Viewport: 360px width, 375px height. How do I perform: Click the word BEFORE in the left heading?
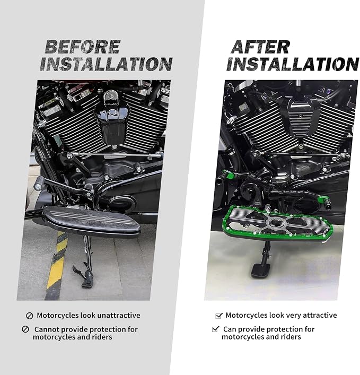(83, 47)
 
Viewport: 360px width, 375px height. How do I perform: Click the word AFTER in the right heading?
(260, 47)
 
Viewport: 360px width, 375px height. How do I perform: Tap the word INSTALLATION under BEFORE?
(106, 64)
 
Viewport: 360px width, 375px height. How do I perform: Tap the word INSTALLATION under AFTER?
(292, 64)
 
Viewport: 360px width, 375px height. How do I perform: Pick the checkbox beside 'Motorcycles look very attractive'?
(219, 316)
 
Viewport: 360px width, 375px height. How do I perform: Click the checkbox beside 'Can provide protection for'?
(216, 329)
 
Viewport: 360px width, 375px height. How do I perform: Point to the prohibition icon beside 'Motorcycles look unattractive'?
(29, 316)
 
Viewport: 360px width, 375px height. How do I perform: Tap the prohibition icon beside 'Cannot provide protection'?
(25, 329)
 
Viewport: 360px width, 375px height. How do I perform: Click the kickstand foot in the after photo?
(260, 271)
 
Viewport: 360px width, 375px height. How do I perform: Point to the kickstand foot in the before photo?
(86, 283)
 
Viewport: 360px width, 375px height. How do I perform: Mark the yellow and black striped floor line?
(57, 265)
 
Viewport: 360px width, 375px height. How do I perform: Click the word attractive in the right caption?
(320, 315)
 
